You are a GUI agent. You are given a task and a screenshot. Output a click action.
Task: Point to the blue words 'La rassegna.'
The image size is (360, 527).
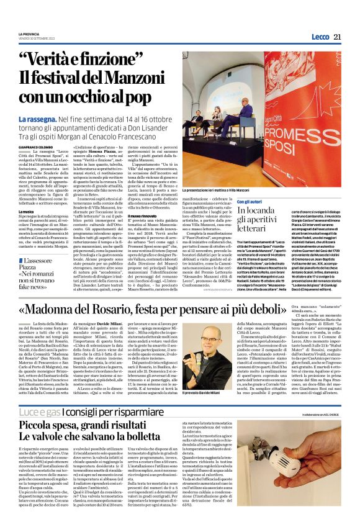[56, 119]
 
